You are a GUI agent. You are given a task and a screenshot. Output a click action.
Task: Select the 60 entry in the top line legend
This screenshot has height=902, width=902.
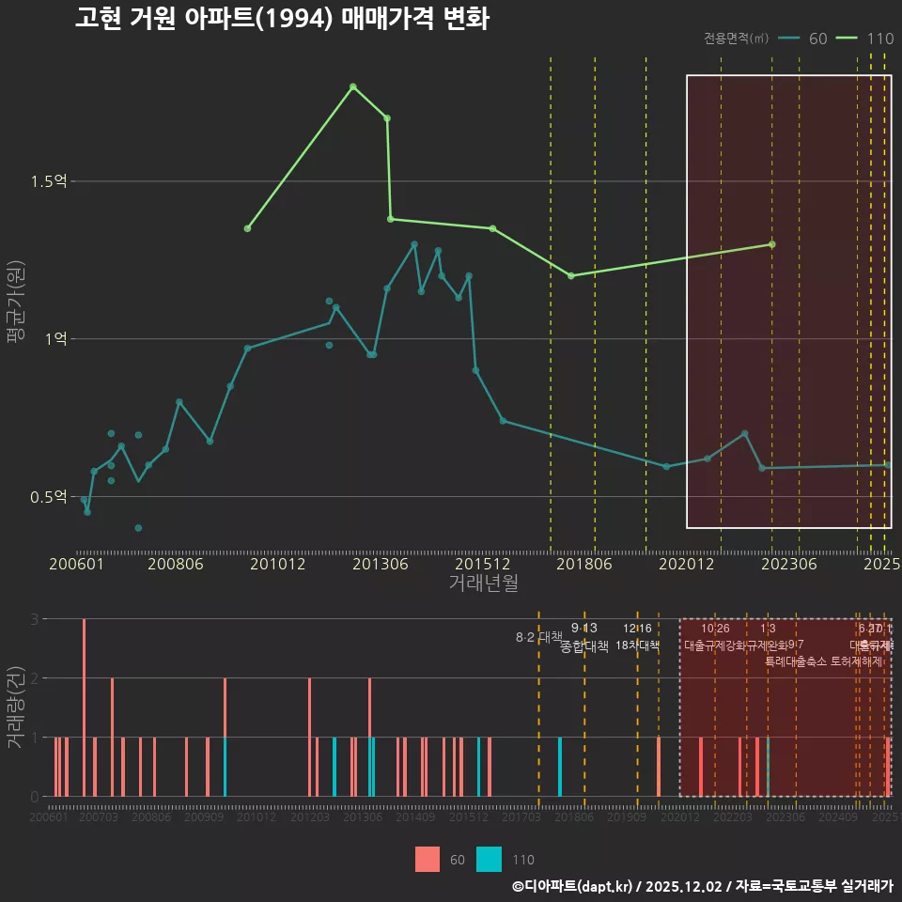pyautogui.click(x=805, y=39)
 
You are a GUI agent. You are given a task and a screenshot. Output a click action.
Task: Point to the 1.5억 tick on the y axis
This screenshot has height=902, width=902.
pyautogui.click(x=48, y=181)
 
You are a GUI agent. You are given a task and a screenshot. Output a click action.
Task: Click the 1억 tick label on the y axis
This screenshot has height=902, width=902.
pyautogui.click(x=54, y=339)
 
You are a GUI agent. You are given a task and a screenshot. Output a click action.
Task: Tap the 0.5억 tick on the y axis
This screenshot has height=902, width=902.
pyautogui.click(x=48, y=496)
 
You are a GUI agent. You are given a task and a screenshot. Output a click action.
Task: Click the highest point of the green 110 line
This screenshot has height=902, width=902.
pyautogui.click(x=352, y=86)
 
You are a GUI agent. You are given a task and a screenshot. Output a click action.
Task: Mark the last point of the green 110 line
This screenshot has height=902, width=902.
pyautogui.click(x=771, y=244)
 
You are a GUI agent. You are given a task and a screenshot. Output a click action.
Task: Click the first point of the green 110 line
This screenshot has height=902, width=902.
pyautogui.click(x=247, y=228)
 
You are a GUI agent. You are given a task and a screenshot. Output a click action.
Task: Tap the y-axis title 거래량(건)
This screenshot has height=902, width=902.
pyautogui.click(x=14, y=708)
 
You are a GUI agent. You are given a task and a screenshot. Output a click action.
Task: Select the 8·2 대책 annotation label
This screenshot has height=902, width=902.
pyautogui.click(x=537, y=637)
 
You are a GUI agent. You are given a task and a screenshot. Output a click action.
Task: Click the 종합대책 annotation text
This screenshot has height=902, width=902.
pyautogui.click(x=584, y=646)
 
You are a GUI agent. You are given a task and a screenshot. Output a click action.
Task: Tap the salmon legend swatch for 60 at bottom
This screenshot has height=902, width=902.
pyautogui.click(x=428, y=859)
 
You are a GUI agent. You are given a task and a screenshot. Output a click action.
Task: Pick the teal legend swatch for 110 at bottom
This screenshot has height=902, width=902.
pyautogui.click(x=489, y=859)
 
